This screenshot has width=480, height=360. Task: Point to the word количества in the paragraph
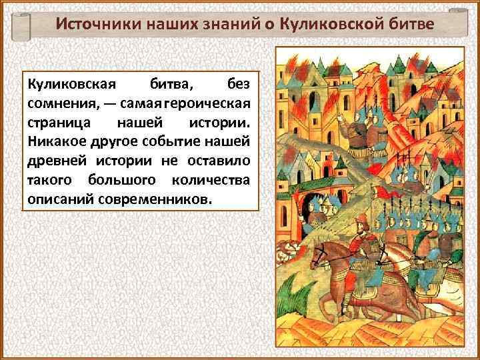tap(211, 180)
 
